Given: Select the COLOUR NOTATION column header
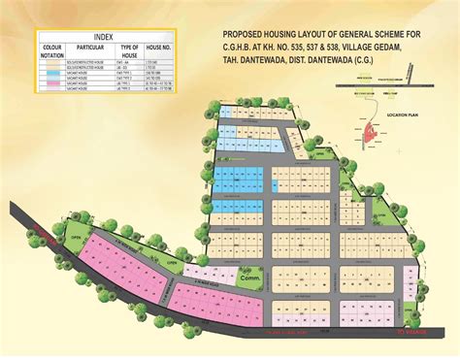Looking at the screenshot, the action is point(51,49).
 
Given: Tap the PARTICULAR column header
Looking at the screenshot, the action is point(91,46).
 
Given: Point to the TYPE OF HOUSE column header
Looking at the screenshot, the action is point(129,49).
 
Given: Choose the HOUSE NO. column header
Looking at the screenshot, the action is point(158,46).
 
